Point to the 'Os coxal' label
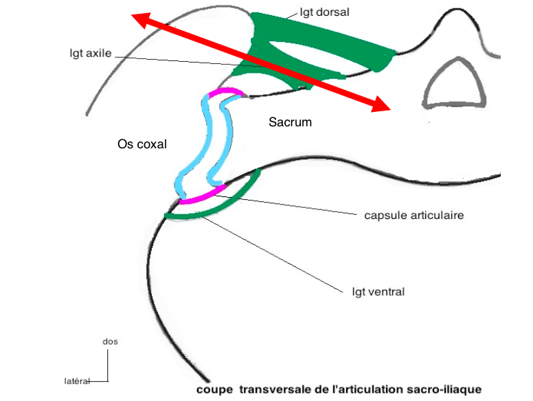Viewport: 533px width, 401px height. pyautogui.click(x=143, y=144)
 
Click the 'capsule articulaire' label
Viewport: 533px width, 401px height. pyautogui.click(x=414, y=215)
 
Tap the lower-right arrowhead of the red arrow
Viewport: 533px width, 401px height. pyautogui.click(x=382, y=106)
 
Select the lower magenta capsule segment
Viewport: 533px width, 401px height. pyautogui.click(x=203, y=196)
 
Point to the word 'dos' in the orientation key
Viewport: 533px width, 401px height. pyautogui.click(x=109, y=341)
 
